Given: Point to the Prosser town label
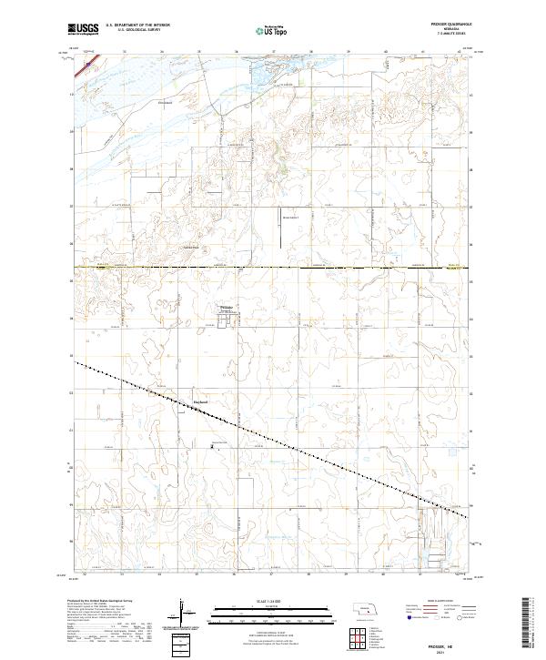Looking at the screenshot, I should click(228, 308).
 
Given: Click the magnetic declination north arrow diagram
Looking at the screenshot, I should click(183, 614).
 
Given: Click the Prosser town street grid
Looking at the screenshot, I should click(228, 316).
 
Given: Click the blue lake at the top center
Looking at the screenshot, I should click(271, 66).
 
